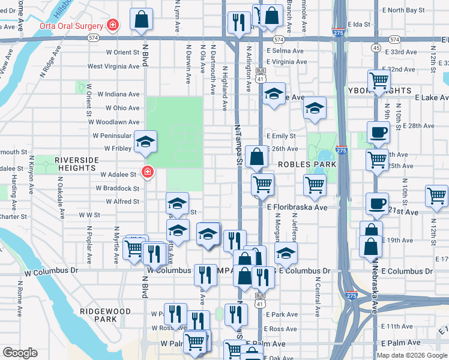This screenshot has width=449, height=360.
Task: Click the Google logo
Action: [20, 353]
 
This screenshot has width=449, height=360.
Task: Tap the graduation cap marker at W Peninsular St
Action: [145, 142]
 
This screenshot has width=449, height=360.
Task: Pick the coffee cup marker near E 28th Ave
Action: [378, 133]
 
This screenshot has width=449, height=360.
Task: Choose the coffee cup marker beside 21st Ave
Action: [376, 203]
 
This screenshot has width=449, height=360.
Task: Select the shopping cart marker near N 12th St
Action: [436, 196]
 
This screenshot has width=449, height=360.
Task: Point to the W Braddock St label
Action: [118, 188]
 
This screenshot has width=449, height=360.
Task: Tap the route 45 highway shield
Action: [376, 47]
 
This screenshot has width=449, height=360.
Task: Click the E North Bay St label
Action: [403, 10]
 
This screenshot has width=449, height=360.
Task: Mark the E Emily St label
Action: [284, 136]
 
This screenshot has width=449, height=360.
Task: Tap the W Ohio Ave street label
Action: [122, 109]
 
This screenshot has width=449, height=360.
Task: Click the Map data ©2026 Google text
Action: [412, 355]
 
